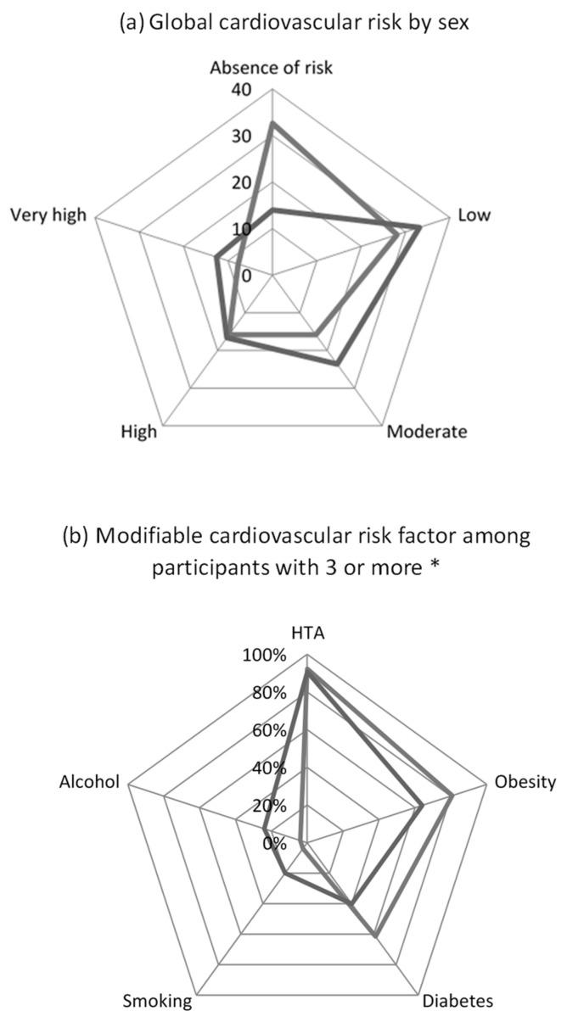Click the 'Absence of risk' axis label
point(272,68)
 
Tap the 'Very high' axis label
point(48,215)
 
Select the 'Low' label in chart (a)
point(474,215)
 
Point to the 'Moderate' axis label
point(426,432)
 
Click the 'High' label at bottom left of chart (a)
point(139,432)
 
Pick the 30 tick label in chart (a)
point(252,137)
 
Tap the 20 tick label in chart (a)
point(252,183)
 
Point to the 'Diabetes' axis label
point(457,1001)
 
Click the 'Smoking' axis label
point(158,1001)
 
